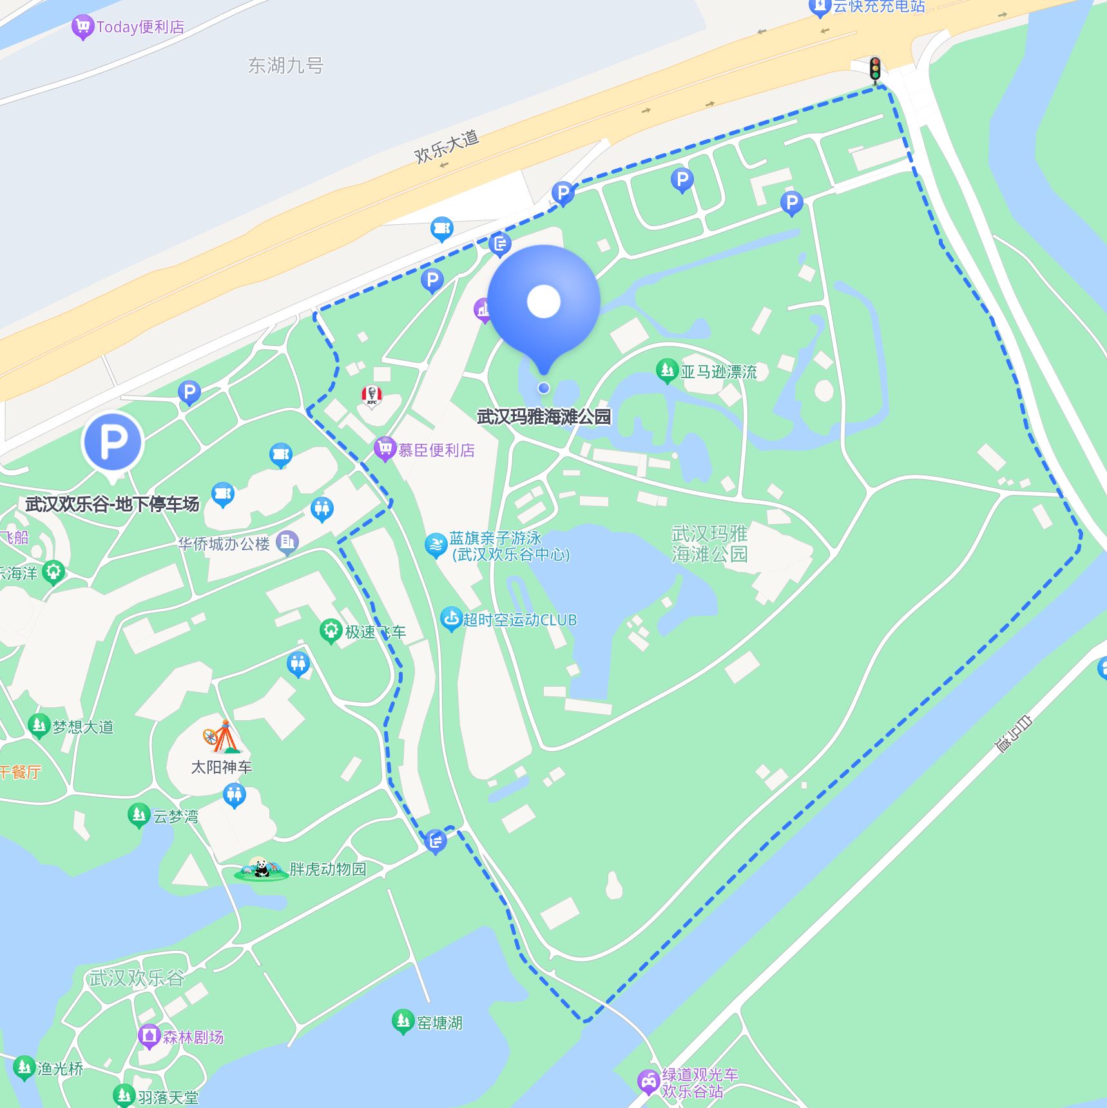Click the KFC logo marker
point(372,396)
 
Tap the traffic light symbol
point(874,69)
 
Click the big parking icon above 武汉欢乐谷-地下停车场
point(113,443)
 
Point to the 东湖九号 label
point(285,65)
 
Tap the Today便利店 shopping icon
point(82,26)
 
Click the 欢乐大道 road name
point(446,146)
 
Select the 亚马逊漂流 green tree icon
point(667,370)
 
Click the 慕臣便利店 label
point(436,450)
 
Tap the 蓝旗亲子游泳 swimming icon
point(436,545)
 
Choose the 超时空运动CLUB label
point(519,620)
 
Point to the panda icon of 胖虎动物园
point(261,869)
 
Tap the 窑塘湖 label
point(439,1022)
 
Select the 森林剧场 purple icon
point(149,1036)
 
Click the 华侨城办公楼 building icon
point(287,542)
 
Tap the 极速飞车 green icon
point(331,631)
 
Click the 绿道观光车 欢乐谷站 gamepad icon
point(648,1082)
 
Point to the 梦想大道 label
point(82,727)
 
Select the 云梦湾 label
point(175,816)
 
